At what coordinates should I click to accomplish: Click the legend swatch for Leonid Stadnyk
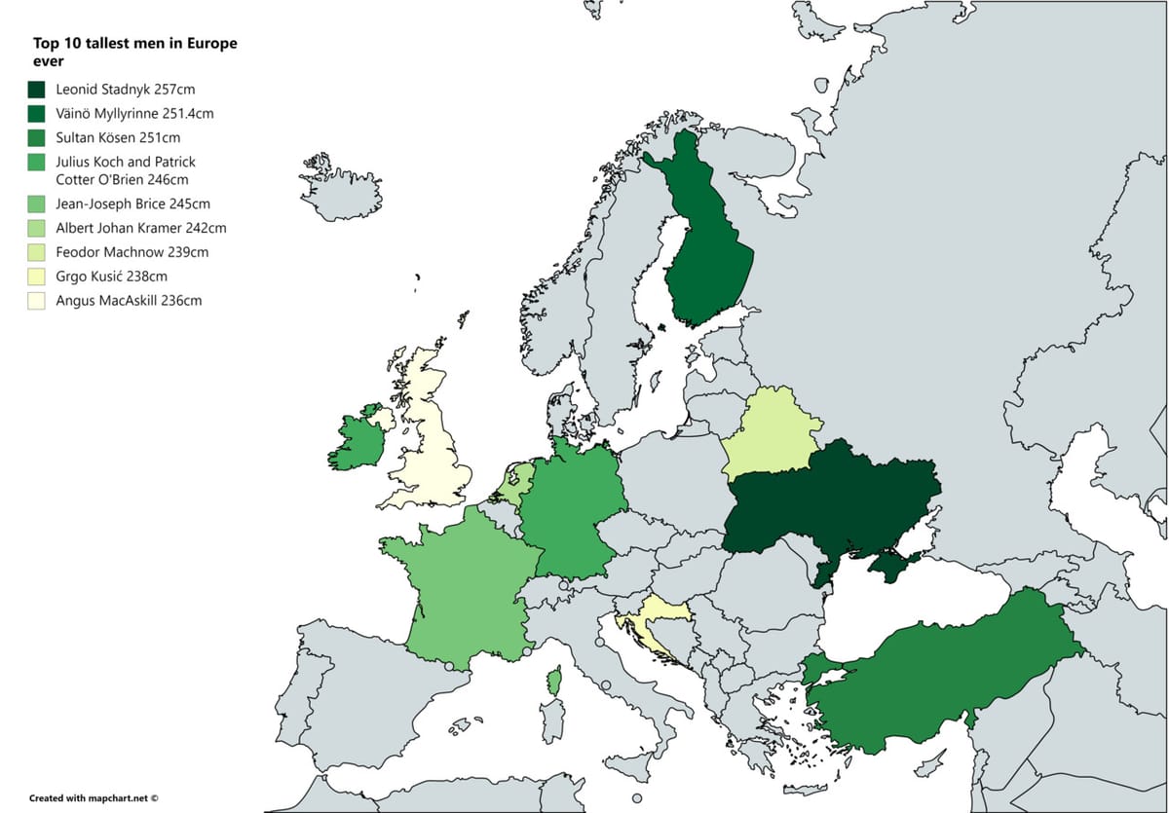38,90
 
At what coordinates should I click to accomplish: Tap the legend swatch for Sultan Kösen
38,138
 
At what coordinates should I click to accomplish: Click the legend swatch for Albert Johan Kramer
38,229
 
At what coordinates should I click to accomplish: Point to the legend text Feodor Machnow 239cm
132,252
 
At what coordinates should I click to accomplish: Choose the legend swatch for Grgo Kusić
38,277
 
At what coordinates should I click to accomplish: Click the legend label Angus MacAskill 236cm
129,301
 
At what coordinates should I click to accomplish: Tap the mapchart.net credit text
94,797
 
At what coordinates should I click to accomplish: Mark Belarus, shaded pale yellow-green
770,433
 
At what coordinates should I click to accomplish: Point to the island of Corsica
554,681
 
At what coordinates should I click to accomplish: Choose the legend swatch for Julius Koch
38,163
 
